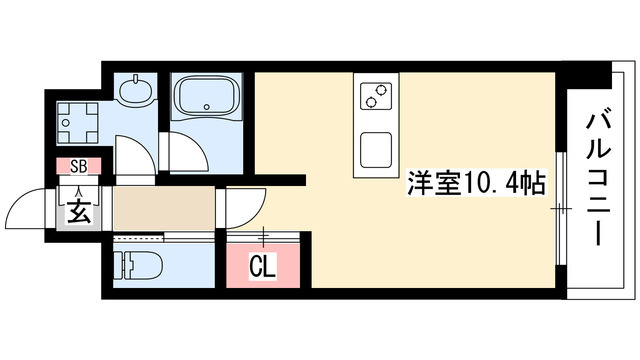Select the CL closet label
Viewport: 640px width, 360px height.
click(x=262, y=267)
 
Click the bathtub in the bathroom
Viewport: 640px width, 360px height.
click(x=205, y=99)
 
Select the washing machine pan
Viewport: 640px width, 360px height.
click(x=77, y=125)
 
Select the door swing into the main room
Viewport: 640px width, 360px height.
click(x=243, y=207)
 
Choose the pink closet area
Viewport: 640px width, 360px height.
click(x=262, y=262)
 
